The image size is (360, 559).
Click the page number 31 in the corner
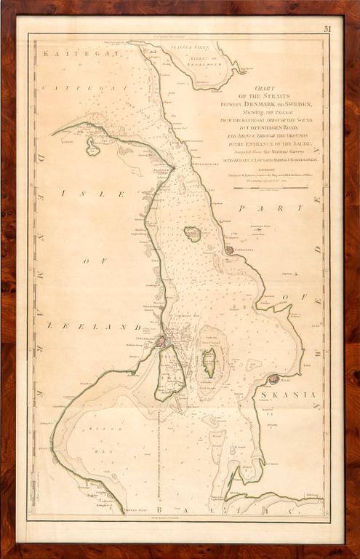coord(327,29)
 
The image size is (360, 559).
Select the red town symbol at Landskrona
coord(229,250)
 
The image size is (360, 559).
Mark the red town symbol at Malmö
coord(273,379)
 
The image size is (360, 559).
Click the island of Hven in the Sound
coord(193,234)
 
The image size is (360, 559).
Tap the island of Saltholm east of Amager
coord(209,361)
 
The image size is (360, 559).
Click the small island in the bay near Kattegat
coord(92,147)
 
